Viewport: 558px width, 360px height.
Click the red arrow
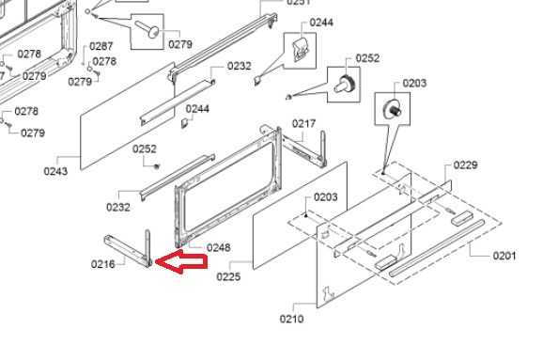tap(181, 261)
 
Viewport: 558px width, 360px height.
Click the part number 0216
tap(102, 264)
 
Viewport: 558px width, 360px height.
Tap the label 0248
tap(219, 247)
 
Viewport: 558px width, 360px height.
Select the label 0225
tap(228, 276)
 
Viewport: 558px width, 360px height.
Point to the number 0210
tap(292, 319)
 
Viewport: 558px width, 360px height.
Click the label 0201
tap(504, 256)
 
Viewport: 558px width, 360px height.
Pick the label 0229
tap(466, 165)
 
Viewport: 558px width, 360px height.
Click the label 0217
tap(304, 123)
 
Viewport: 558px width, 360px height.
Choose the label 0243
tap(55, 171)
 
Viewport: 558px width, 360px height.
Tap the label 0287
tap(101, 46)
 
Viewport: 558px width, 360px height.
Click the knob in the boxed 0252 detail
tap(344, 85)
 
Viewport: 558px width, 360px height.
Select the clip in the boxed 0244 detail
tap(300, 50)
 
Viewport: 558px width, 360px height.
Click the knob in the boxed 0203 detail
tap(393, 108)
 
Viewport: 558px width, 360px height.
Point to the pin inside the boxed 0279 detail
tap(147, 29)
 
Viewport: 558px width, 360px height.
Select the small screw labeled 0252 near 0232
tap(157, 166)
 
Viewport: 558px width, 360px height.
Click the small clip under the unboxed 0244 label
tap(185, 122)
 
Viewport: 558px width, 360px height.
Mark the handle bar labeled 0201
tap(437, 248)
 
